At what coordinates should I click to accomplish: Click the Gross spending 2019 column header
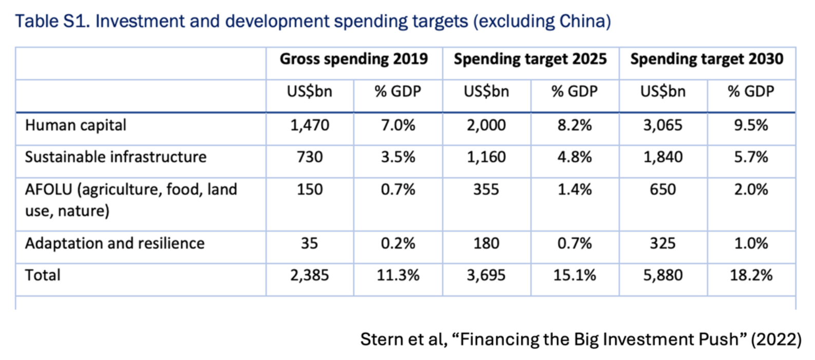(x=353, y=59)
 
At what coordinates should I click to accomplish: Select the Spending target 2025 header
(x=530, y=59)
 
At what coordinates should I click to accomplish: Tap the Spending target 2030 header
(x=707, y=59)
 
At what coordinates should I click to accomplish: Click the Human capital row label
(x=75, y=125)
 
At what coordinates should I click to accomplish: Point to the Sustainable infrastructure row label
(x=116, y=157)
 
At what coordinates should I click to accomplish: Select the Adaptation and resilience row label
(x=115, y=243)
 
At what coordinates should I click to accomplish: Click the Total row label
(x=43, y=275)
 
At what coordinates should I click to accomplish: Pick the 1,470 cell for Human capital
(x=310, y=125)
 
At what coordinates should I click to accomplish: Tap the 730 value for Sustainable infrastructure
(x=310, y=157)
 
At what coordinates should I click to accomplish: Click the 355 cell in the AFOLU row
(x=486, y=190)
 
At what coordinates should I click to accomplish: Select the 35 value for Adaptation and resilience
(x=309, y=243)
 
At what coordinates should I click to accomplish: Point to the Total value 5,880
(x=662, y=275)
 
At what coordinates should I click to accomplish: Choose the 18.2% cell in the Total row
(x=751, y=275)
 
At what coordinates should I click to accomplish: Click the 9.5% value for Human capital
(x=751, y=125)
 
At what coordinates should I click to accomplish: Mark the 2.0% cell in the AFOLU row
(x=751, y=190)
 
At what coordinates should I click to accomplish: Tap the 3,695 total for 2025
(x=486, y=275)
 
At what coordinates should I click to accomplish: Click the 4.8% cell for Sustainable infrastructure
(x=574, y=157)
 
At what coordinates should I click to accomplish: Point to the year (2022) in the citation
(x=775, y=339)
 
